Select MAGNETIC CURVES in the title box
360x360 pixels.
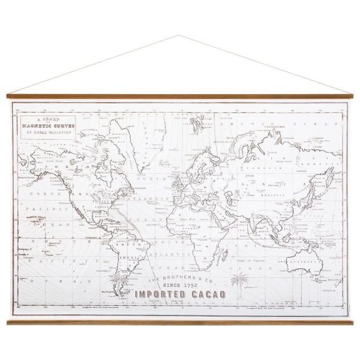click(x=47, y=125)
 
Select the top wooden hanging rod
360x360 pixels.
click(x=180, y=96)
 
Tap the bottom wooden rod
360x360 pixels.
click(x=180, y=322)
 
